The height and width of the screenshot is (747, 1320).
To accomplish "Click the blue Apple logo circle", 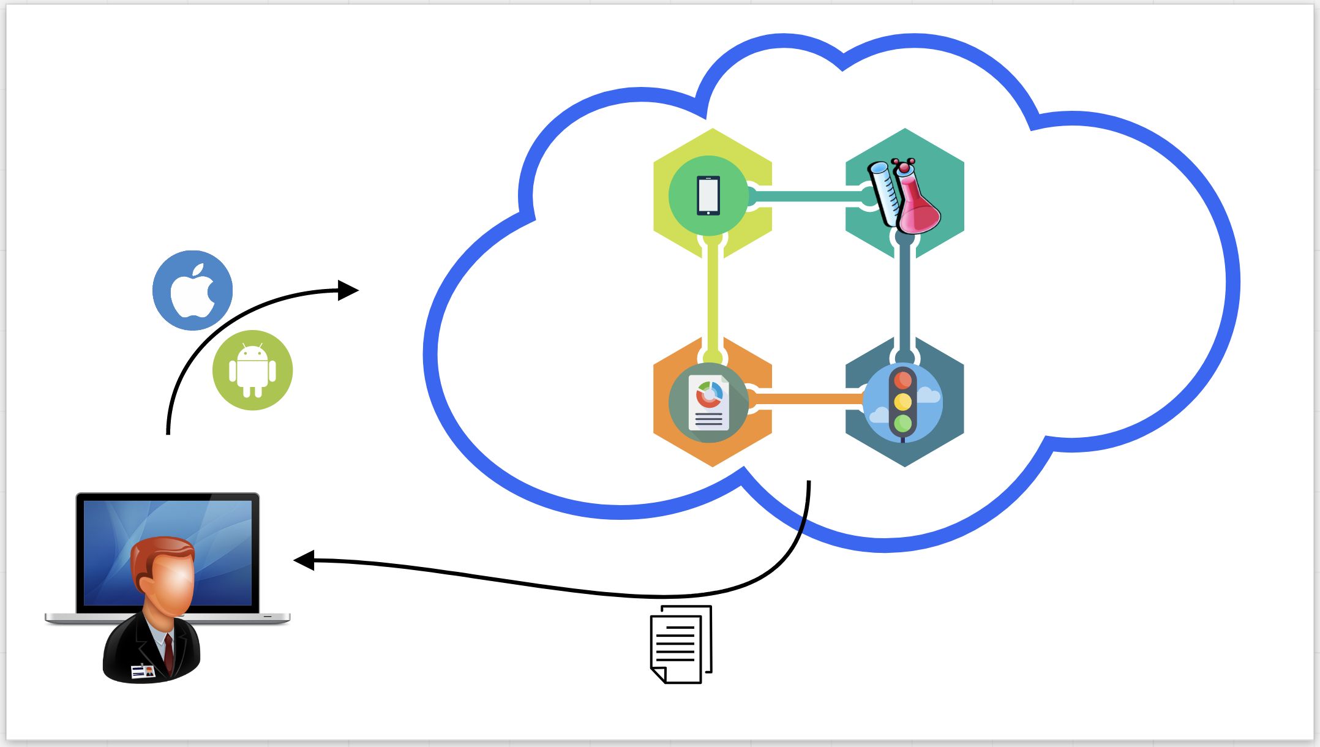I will click(x=192, y=290).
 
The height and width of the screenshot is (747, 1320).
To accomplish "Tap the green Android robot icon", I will click(x=252, y=370).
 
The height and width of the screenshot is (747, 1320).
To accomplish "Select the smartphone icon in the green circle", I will click(x=708, y=196).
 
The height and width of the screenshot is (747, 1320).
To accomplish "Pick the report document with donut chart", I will click(x=709, y=402).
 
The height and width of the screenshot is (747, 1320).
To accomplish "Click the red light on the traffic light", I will click(x=902, y=380).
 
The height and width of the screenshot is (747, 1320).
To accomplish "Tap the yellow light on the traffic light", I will click(x=902, y=402).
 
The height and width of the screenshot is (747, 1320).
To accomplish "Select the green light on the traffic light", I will click(x=902, y=422).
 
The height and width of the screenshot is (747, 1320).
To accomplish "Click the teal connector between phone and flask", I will click(x=808, y=196).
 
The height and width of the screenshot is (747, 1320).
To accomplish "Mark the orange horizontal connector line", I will click(x=808, y=399).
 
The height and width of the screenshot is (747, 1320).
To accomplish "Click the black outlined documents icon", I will click(x=681, y=644).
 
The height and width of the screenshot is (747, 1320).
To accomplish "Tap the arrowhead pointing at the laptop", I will click(x=304, y=560).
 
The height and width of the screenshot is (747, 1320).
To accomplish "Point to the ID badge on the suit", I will click(x=143, y=672).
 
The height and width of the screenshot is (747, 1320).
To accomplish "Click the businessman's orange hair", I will click(x=162, y=551).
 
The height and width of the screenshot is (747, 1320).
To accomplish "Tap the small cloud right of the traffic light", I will click(x=928, y=396).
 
